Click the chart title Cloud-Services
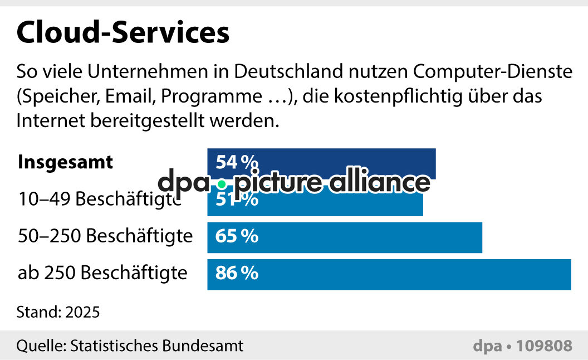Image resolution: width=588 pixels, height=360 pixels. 122,33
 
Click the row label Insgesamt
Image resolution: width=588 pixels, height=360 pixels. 66,162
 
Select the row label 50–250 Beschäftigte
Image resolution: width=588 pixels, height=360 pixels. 105,237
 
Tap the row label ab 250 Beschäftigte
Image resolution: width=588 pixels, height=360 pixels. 102,274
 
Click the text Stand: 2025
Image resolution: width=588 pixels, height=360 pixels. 58,312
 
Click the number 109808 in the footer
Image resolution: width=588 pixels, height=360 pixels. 544,346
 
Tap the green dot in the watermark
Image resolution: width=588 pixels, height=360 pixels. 222,184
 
